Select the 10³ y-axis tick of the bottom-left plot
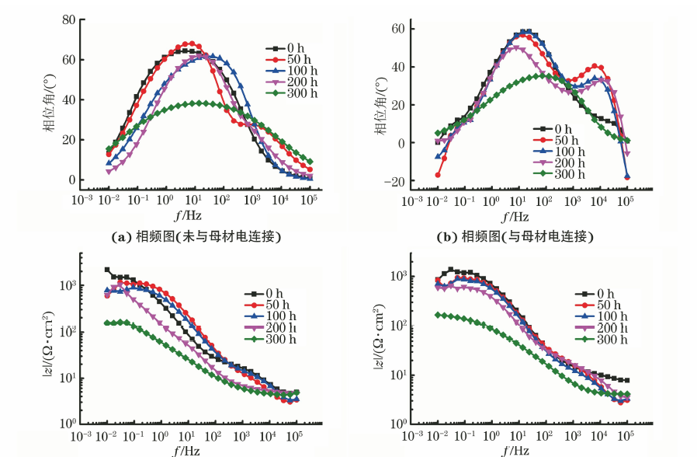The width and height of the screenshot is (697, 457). click(67, 286)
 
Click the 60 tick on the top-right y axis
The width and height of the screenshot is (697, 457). click(401, 29)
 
